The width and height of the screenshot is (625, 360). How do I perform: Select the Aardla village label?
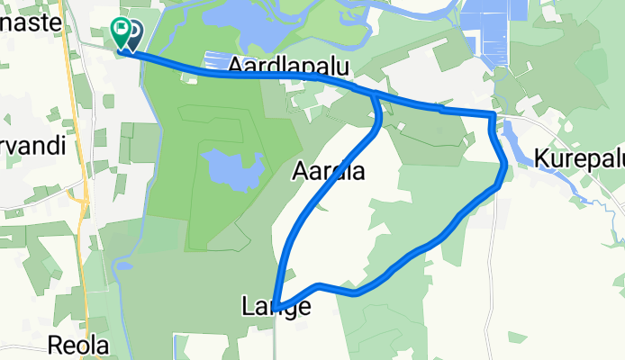[329, 171]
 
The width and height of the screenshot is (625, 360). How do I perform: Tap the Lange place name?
[276, 307]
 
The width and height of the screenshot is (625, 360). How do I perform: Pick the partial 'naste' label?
[32, 24]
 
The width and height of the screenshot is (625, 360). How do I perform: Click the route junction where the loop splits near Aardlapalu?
[373, 93]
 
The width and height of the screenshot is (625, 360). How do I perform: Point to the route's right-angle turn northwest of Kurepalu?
[493, 115]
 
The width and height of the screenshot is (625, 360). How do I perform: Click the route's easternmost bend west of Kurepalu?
[504, 165]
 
